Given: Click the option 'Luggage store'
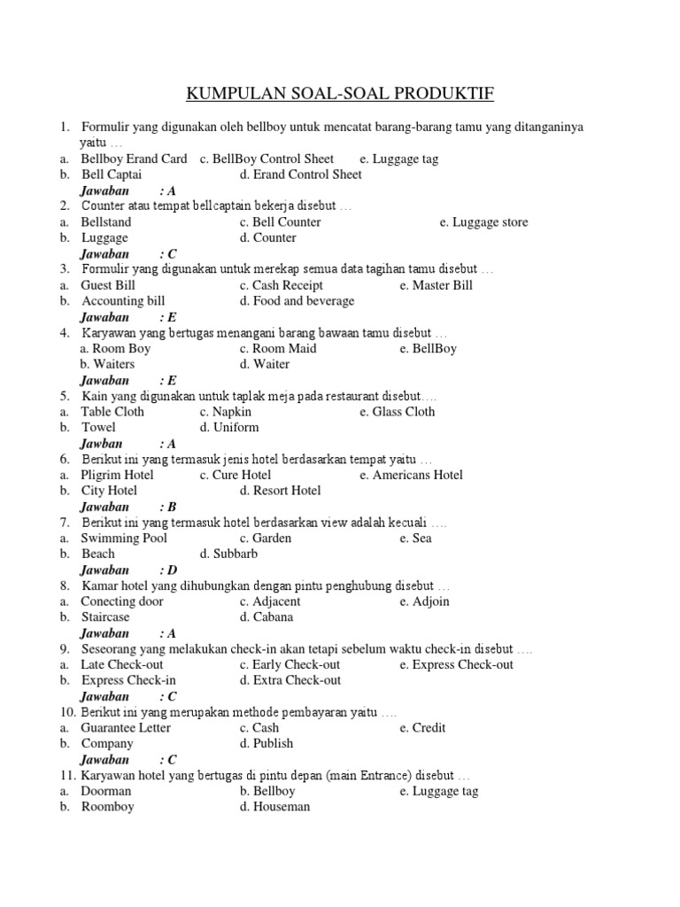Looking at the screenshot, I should (x=490, y=221).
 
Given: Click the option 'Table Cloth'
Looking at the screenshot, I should (x=112, y=411).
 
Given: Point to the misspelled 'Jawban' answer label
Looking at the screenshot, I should (x=101, y=443).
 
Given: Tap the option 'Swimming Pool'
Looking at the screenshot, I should (x=124, y=538).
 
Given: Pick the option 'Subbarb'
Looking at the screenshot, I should (x=236, y=554).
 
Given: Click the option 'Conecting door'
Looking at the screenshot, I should (x=122, y=601).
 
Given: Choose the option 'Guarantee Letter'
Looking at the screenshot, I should (x=126, y=727).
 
